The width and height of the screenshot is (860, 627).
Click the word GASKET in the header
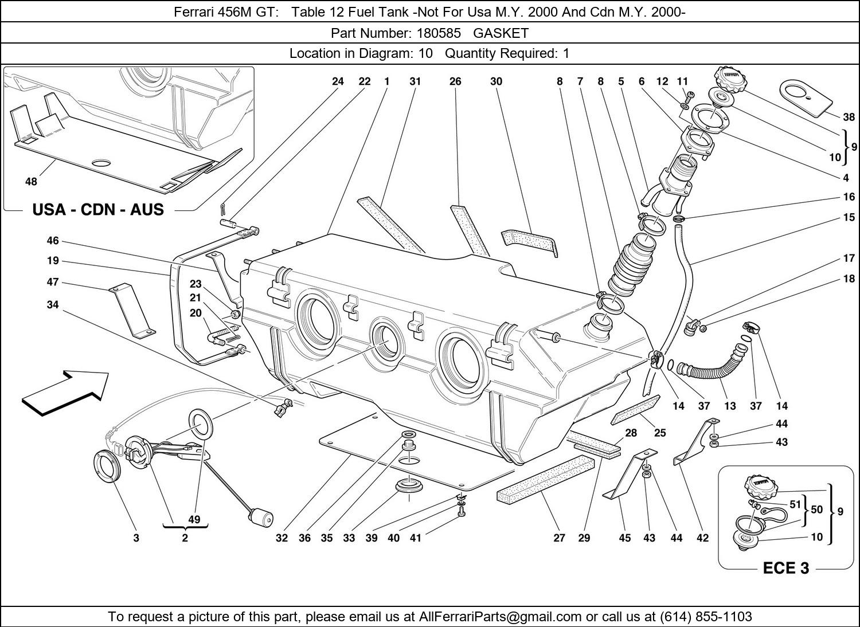coord(501,33)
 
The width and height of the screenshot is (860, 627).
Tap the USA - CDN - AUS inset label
coord(98,210)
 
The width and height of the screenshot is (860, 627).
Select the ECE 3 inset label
coord(785,568)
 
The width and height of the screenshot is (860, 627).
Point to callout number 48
coord(31,182)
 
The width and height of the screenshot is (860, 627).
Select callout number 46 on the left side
coord(53,241)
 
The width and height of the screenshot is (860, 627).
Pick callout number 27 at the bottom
coord(560,538)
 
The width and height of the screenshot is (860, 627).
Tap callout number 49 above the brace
coord(194,519)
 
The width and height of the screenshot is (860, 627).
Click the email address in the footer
coord(501,617)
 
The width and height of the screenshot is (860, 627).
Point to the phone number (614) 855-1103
coord(706,617)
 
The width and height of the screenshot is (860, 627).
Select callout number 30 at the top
coord(496,81)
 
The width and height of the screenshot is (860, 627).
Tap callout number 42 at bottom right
coord(702,538)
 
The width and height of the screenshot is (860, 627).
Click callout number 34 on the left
coord(53,305)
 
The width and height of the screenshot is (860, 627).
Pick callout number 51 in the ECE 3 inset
coord(795,504)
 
